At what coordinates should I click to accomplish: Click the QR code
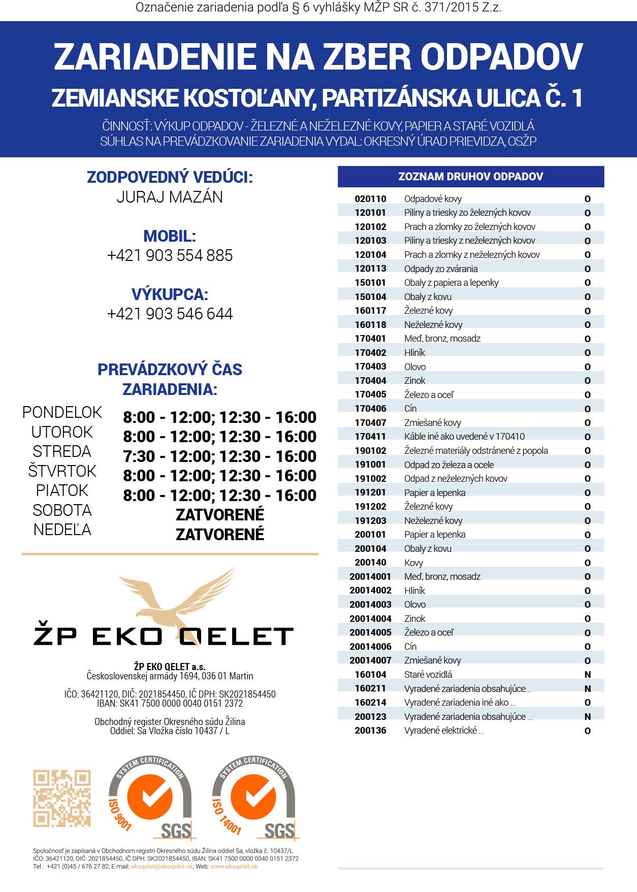click(x=62, y=798)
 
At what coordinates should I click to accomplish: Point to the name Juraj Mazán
click(x=170, y=197)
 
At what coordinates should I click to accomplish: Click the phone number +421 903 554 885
click(x=170, y=255)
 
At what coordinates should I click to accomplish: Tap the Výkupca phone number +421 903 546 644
click(x=170, y=314)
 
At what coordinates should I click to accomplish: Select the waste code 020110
click(x=370, y=199)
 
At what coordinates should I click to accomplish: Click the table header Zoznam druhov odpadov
click(x=470, y=177)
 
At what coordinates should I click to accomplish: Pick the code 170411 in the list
click(x=370, y=437)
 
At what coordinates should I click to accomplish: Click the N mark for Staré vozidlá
click(x=588, y=675)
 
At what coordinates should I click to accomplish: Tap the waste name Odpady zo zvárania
click(x=440, y=269)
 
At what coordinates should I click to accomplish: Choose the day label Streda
click(x=62, y=451)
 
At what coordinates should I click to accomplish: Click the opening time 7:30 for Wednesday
click(x=139, y=456)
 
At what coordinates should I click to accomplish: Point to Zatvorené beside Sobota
click(x=220, y=515)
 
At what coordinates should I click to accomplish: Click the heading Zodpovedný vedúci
click(x=170, y=177)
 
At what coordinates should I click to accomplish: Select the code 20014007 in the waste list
click(x=370, y=660)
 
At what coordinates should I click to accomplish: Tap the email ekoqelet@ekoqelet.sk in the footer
click(x=162, y=867)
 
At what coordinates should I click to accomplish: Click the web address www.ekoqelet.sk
click(x=234, y=867)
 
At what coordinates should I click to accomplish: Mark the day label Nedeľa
click(x=62, y=530)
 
